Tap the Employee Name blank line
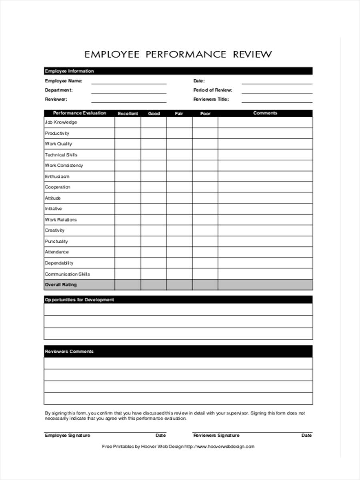pos(128,83)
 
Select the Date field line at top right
pos(277,83)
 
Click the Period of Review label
pos(213,90)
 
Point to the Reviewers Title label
pos(211,99)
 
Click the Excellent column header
pos(128,114)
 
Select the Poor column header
pos(205,114)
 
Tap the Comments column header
pos(265,113)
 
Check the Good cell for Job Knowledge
pos(154,122)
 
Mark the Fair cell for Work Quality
pos(179,144)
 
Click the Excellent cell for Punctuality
pos(128,241)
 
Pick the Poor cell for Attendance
pos(205,252)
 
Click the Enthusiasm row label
pos(57,176)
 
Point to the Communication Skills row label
pos(67,274)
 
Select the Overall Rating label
pos(60,285)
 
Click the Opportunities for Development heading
pos(79,300)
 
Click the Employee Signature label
pos(67,435)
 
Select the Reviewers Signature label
pos(216,435)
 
